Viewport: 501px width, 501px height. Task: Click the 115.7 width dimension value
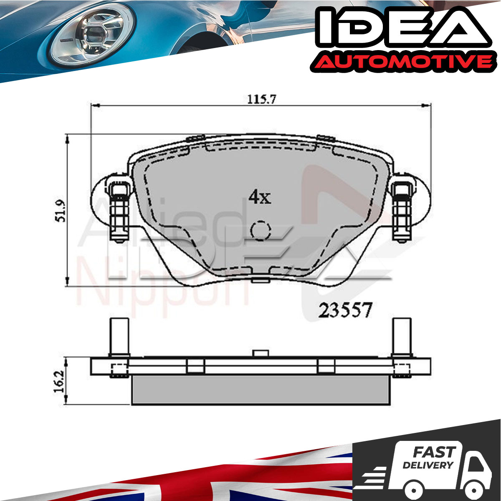(x=261, y=99)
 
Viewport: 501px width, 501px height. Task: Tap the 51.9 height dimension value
(x=61, y=211)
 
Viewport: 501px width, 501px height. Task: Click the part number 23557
(x=345, y=310)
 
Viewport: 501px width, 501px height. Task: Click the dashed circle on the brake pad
(x=261, y=230)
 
